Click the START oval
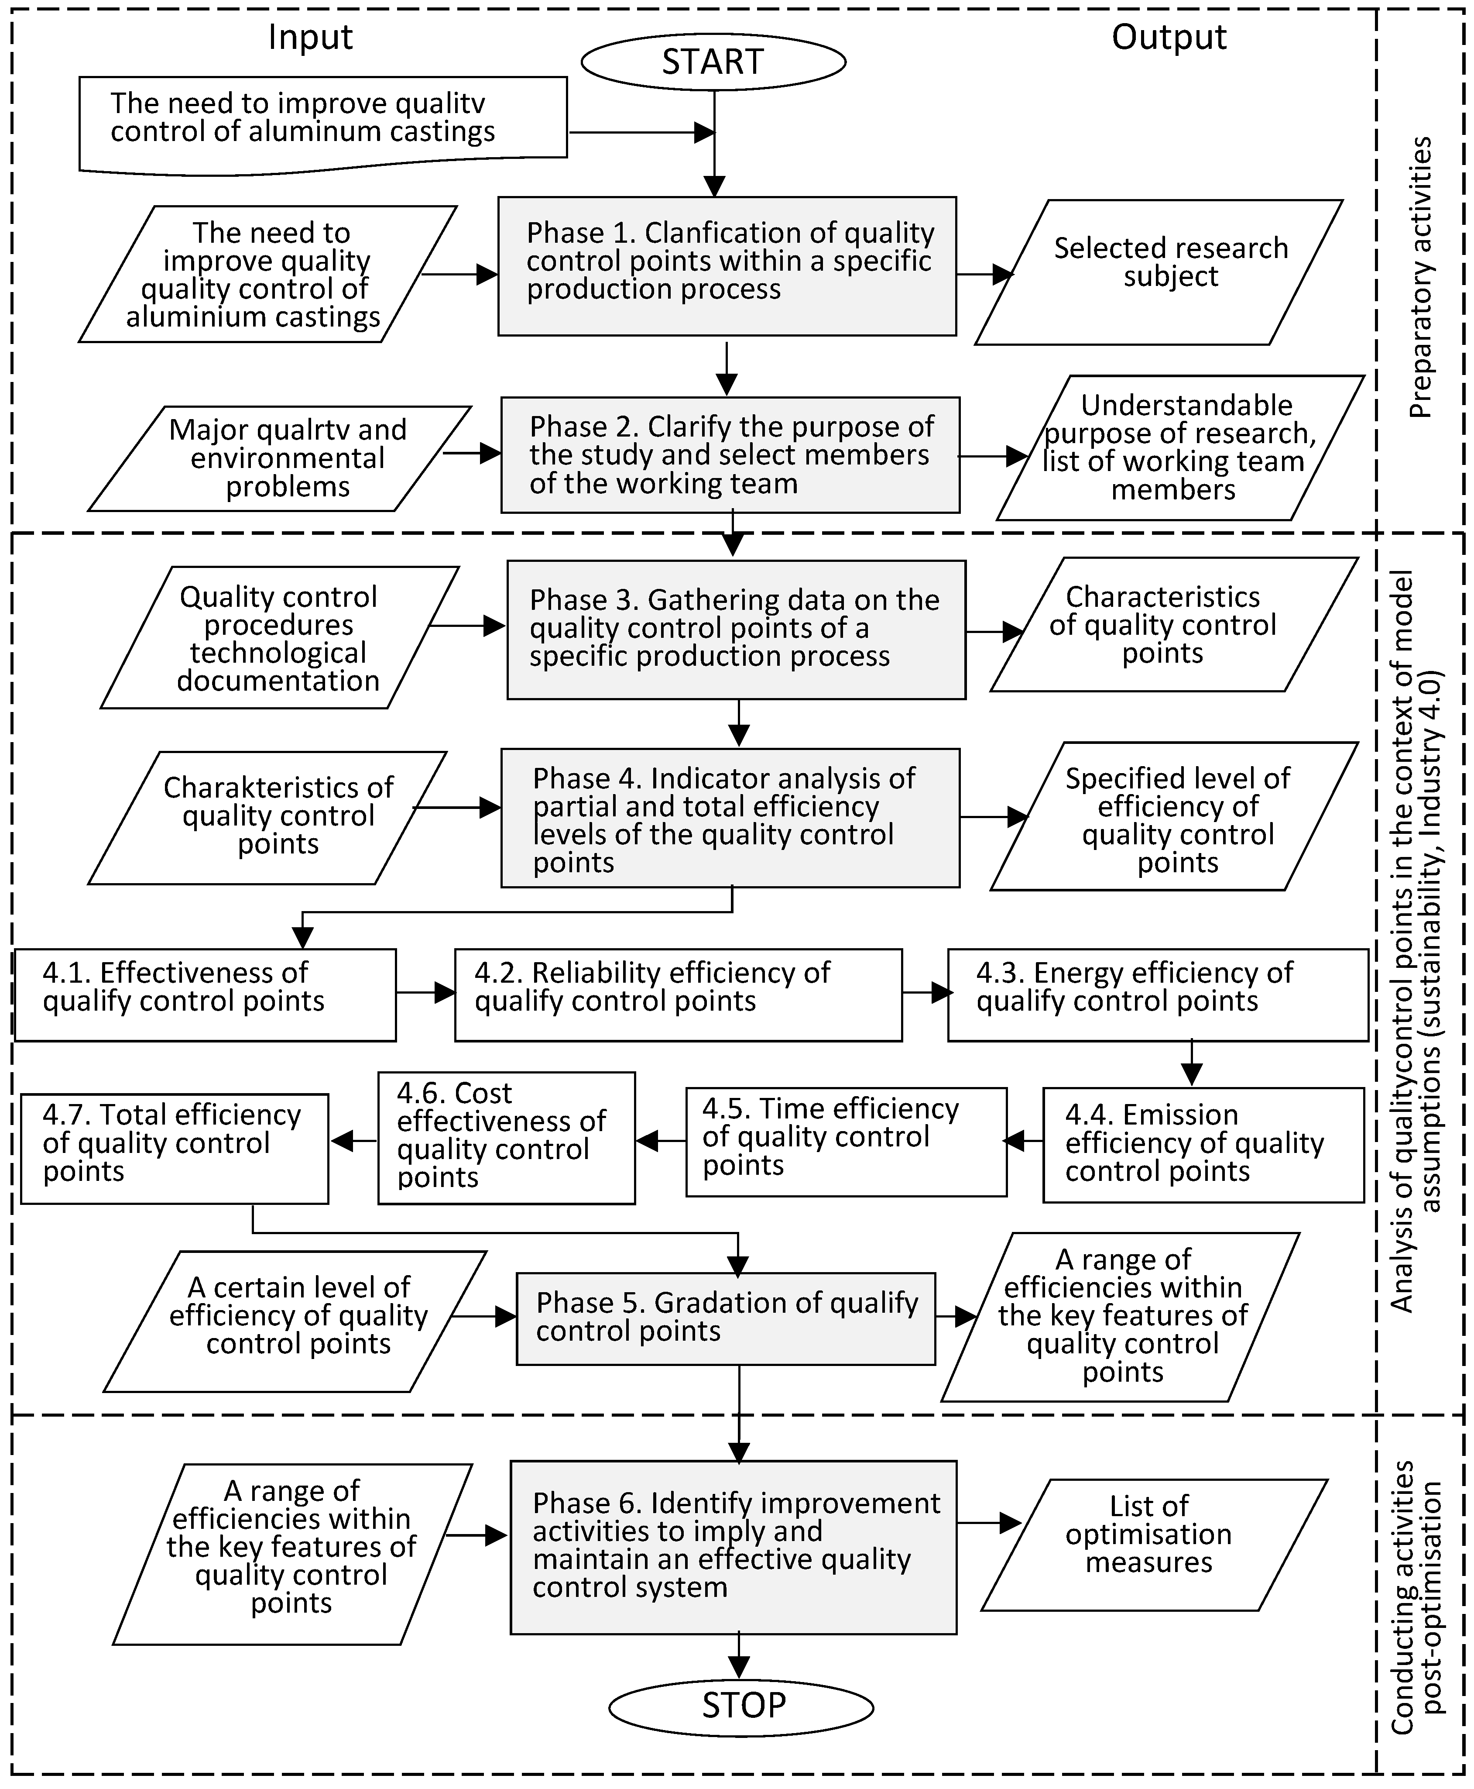[713, 62]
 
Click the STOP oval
[741, 1704]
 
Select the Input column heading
[310, 38]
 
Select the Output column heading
[1169, 38]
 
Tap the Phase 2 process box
[730, 454]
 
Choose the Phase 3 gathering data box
[736, 630]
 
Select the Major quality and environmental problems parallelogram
[280, 459]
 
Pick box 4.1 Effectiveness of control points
[206, 995]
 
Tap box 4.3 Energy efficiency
[1157, 995]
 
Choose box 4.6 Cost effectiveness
[506, 1138]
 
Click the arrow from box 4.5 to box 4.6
[661, 1141]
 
